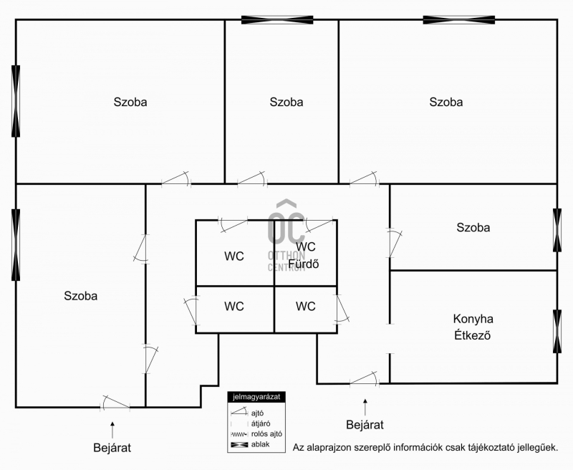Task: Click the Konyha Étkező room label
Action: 473,327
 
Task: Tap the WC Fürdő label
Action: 304,255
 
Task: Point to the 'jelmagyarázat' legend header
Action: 256,396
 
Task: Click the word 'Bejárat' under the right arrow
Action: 365,425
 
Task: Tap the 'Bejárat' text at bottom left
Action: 112,448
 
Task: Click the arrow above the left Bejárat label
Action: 112,430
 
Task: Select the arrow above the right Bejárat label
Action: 365,408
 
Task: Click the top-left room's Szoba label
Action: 130,102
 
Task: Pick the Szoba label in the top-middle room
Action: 286,102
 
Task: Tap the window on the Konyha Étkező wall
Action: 557,331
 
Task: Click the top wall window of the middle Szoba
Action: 277,20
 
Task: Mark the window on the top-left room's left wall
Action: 16,101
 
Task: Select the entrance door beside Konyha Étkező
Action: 365,379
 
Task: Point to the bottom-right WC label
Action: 306,306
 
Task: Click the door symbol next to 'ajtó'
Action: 239,412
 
